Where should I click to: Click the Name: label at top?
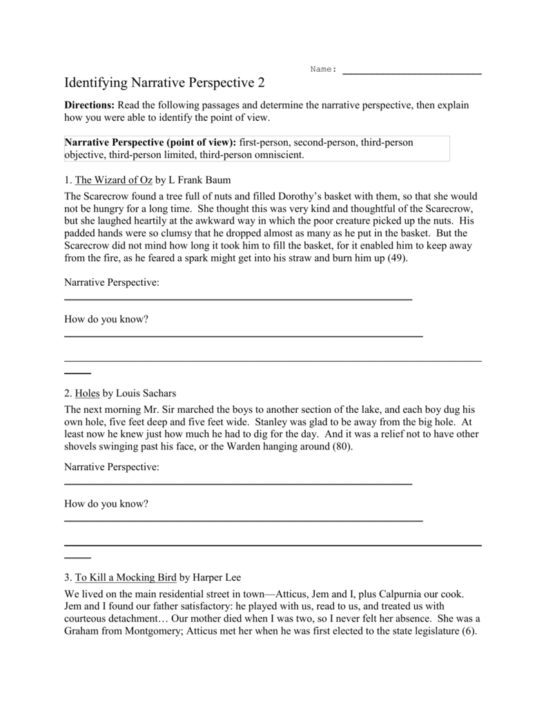323,69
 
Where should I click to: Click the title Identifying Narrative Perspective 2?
164,84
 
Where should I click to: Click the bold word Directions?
89,106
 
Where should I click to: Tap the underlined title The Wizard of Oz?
113,180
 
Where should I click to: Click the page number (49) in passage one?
397,259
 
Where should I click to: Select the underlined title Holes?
87,394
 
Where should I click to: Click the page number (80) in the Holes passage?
340,447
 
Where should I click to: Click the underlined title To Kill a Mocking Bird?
125,577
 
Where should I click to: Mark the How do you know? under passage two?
106,504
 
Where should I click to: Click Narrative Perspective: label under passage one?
111,283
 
